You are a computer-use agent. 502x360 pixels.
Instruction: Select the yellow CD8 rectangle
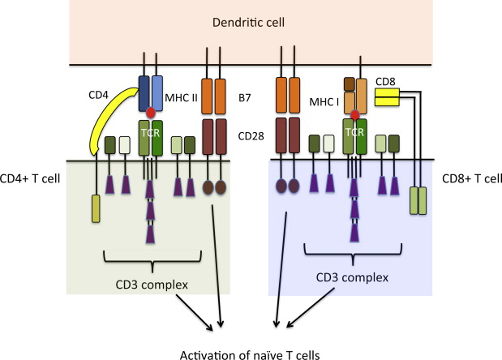pyautogui.click(x=387, y=97)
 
